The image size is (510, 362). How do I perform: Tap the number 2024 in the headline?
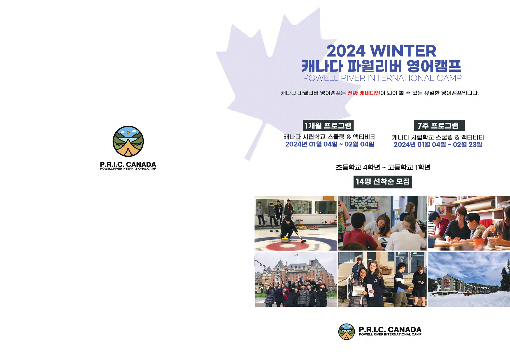(346, 51)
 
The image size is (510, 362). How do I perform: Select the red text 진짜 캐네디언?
(364, 93)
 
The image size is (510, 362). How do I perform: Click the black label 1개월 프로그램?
(328, 126)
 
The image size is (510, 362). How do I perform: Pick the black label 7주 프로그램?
(439, 126)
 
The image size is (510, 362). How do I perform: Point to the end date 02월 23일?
(467, 144)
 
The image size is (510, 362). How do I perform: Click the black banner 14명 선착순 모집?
(382, 182)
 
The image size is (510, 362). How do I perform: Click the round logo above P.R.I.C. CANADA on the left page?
(128, 141)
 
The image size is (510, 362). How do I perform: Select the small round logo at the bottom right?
(346, 332)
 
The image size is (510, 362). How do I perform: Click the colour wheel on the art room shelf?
(441, 210)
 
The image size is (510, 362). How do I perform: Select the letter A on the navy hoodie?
(375, 281)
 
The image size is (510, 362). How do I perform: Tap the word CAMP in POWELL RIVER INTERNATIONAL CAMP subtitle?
(449, 78)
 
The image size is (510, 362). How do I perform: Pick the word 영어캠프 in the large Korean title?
(434, 66)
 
